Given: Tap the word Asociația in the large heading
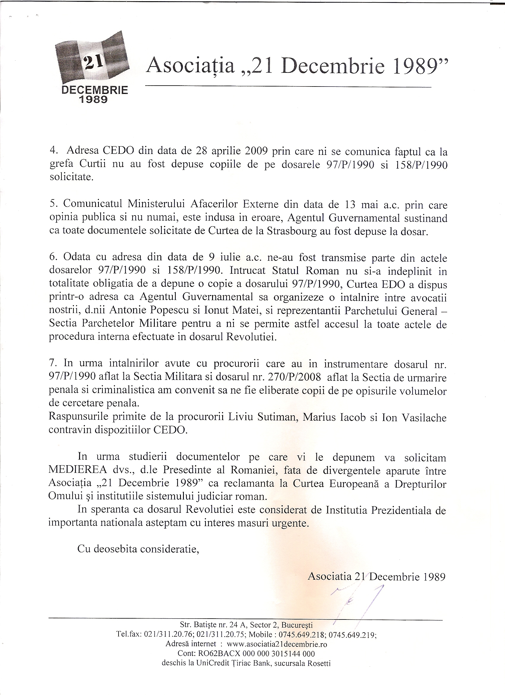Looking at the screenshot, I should pyautogui.click(x=190, y=67).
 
